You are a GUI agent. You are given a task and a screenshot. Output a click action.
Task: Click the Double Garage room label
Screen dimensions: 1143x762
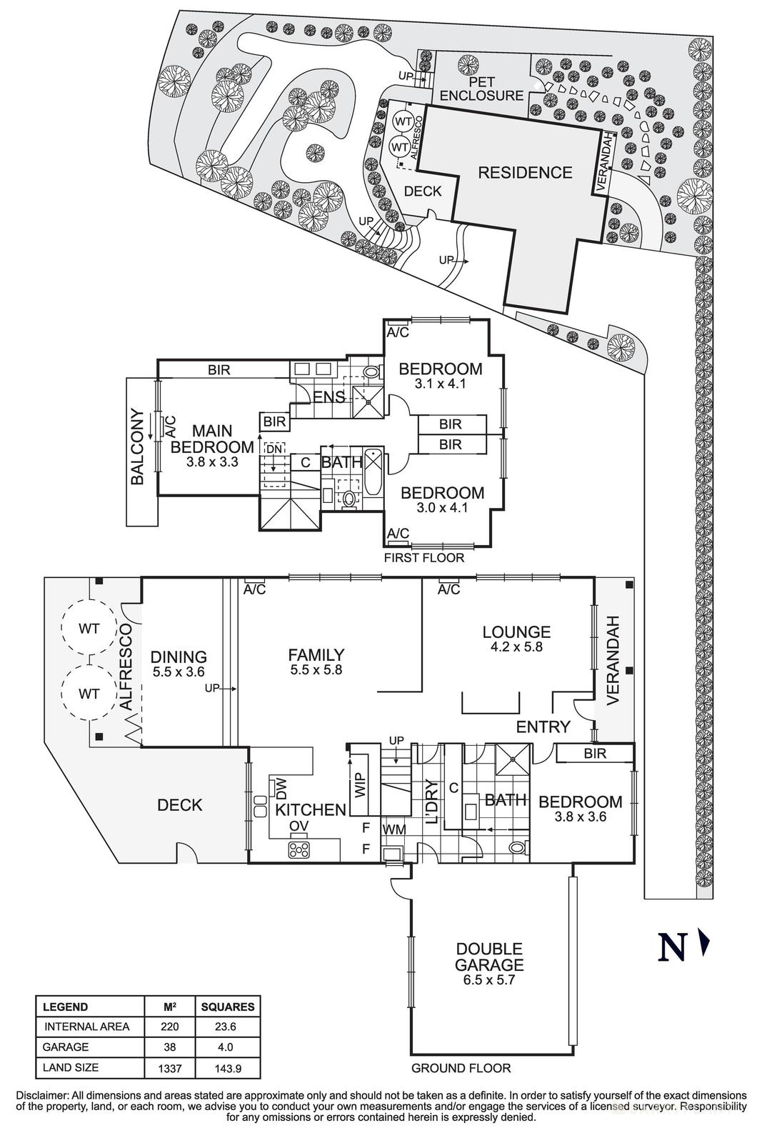(x=489, y=957)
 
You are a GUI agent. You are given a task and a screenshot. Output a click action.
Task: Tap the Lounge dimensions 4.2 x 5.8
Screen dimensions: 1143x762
(x=516, y=647)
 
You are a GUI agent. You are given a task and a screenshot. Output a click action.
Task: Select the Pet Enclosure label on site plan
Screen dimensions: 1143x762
(x=481, y=89)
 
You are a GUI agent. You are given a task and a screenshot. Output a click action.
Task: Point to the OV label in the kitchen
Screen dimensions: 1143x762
(x=299, y=827)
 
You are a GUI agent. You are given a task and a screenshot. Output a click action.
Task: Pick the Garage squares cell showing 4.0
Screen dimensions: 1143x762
(x=228, y=1047)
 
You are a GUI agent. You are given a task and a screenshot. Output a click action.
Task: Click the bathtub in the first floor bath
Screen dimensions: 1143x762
(x=374, y=471)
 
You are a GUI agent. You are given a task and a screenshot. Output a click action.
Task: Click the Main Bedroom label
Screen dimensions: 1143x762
(x=212, y=439)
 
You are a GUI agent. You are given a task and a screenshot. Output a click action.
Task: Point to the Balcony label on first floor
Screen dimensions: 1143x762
(x=139, y=447)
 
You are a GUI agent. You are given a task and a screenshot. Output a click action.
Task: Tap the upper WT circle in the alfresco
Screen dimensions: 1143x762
(x=89, y=629)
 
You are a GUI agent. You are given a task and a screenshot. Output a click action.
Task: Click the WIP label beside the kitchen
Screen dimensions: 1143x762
(x=359, y=784)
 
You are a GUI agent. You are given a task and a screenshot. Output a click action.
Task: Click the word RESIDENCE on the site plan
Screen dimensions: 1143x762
(x=525, y=172)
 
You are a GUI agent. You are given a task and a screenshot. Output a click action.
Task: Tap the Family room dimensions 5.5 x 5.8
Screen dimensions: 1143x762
(x=316, y=670)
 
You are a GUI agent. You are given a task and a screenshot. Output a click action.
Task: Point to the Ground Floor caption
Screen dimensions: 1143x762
(x=461, y=1069)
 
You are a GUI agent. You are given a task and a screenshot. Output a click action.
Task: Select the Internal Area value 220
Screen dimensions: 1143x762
(x=170, y=1027)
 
